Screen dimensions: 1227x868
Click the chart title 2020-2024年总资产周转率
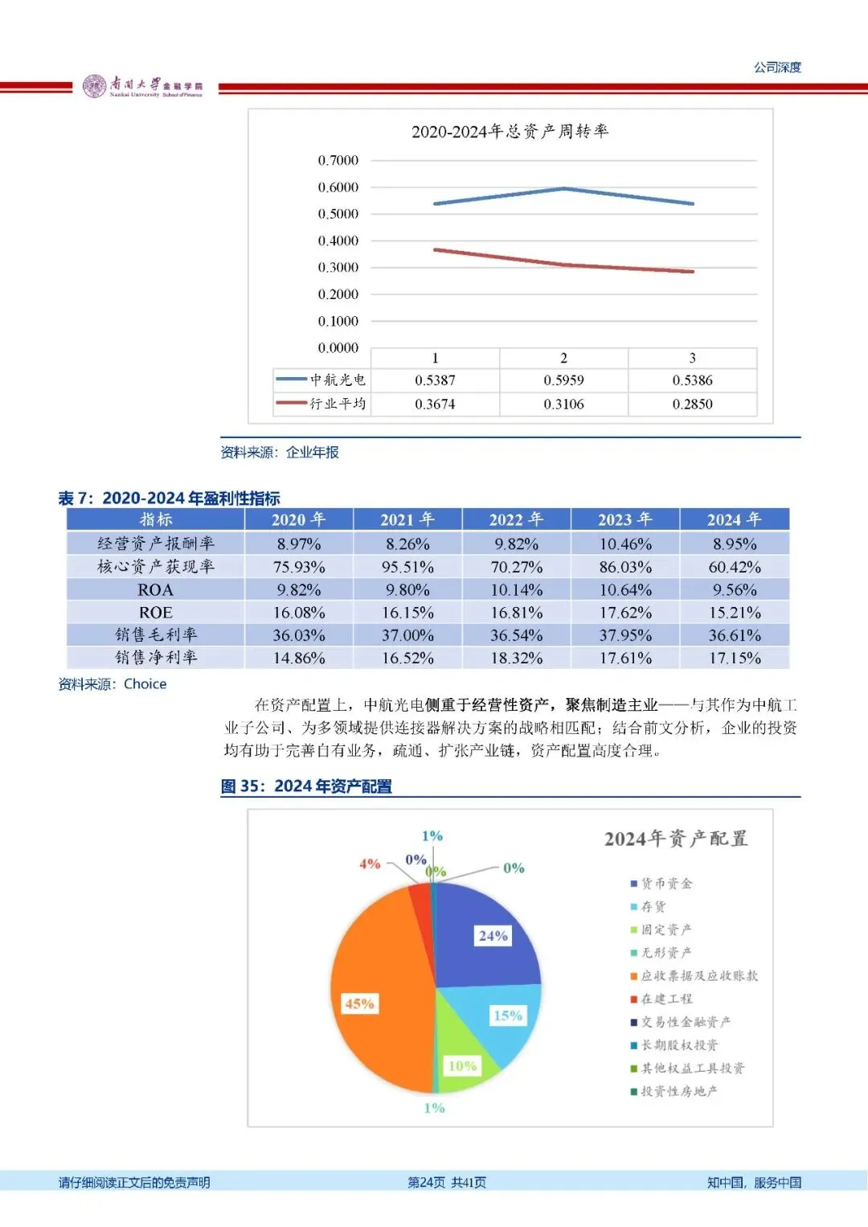click(510, 131)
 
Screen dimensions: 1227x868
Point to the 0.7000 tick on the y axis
click(338, 161)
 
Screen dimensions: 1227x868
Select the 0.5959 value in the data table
click(563, 380)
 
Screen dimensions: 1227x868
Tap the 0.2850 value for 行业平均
click(692, 404)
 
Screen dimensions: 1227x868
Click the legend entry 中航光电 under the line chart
click(321, 380)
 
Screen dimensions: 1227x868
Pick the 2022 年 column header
click(516, 519)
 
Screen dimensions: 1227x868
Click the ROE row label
click(155, 613)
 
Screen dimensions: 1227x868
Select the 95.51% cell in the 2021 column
click(407, 567)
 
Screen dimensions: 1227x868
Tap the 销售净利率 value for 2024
click(734, 658)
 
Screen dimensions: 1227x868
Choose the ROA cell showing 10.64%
click(625, 590)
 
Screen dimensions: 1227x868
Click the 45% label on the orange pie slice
click(359, 1003)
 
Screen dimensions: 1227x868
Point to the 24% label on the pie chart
click(493, 936)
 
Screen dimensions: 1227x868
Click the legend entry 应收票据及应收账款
click(698, 975)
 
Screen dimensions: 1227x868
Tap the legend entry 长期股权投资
click(679, 1045)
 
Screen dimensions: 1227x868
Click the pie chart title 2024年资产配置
click(675, 839)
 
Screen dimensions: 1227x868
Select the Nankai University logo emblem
click(94, 86)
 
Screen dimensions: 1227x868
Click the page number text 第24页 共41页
click(446, 1182)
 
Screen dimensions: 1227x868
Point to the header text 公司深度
click(777, 68)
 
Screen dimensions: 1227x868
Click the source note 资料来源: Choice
click(113, 684)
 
